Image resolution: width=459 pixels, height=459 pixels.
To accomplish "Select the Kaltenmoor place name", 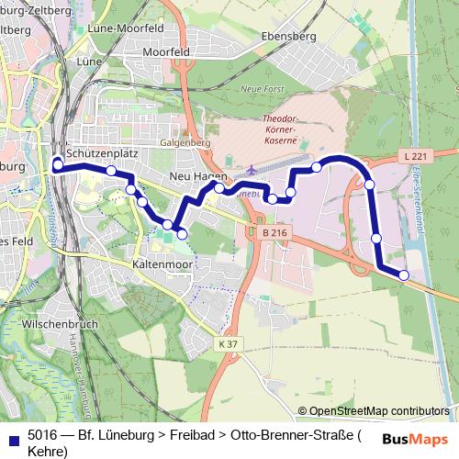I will pyautogui.click(x=161, y=263).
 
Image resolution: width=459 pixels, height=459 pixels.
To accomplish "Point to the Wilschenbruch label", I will pyautogui.click(x=62, y=324).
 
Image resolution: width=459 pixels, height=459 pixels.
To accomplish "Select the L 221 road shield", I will pyautogui.click(x=416, y=158).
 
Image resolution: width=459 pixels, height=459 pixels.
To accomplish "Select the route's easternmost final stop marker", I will pyautogui.click(x=404, y=274).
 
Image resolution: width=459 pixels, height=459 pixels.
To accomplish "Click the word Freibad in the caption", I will pyautogui.click(x=201, y=434).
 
